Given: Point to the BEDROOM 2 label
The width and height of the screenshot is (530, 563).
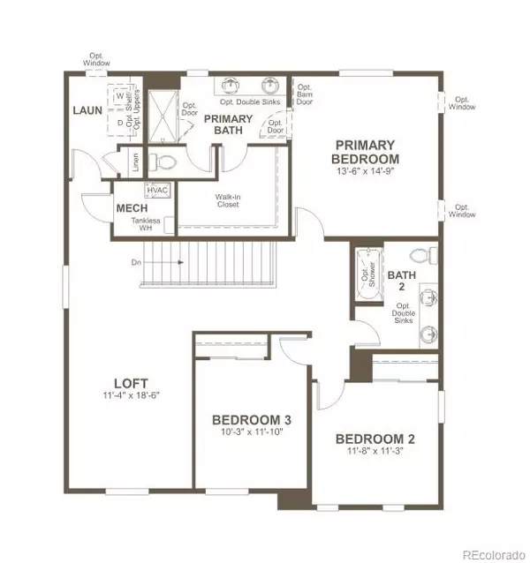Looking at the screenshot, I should point(375,439).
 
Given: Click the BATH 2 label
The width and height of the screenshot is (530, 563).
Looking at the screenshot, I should point(401,281).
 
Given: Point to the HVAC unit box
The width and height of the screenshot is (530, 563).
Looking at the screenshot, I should point(157,191).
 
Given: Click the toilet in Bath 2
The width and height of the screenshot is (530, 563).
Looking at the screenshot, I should point(428,257).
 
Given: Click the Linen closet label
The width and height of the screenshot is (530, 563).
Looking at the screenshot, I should point(134,163).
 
